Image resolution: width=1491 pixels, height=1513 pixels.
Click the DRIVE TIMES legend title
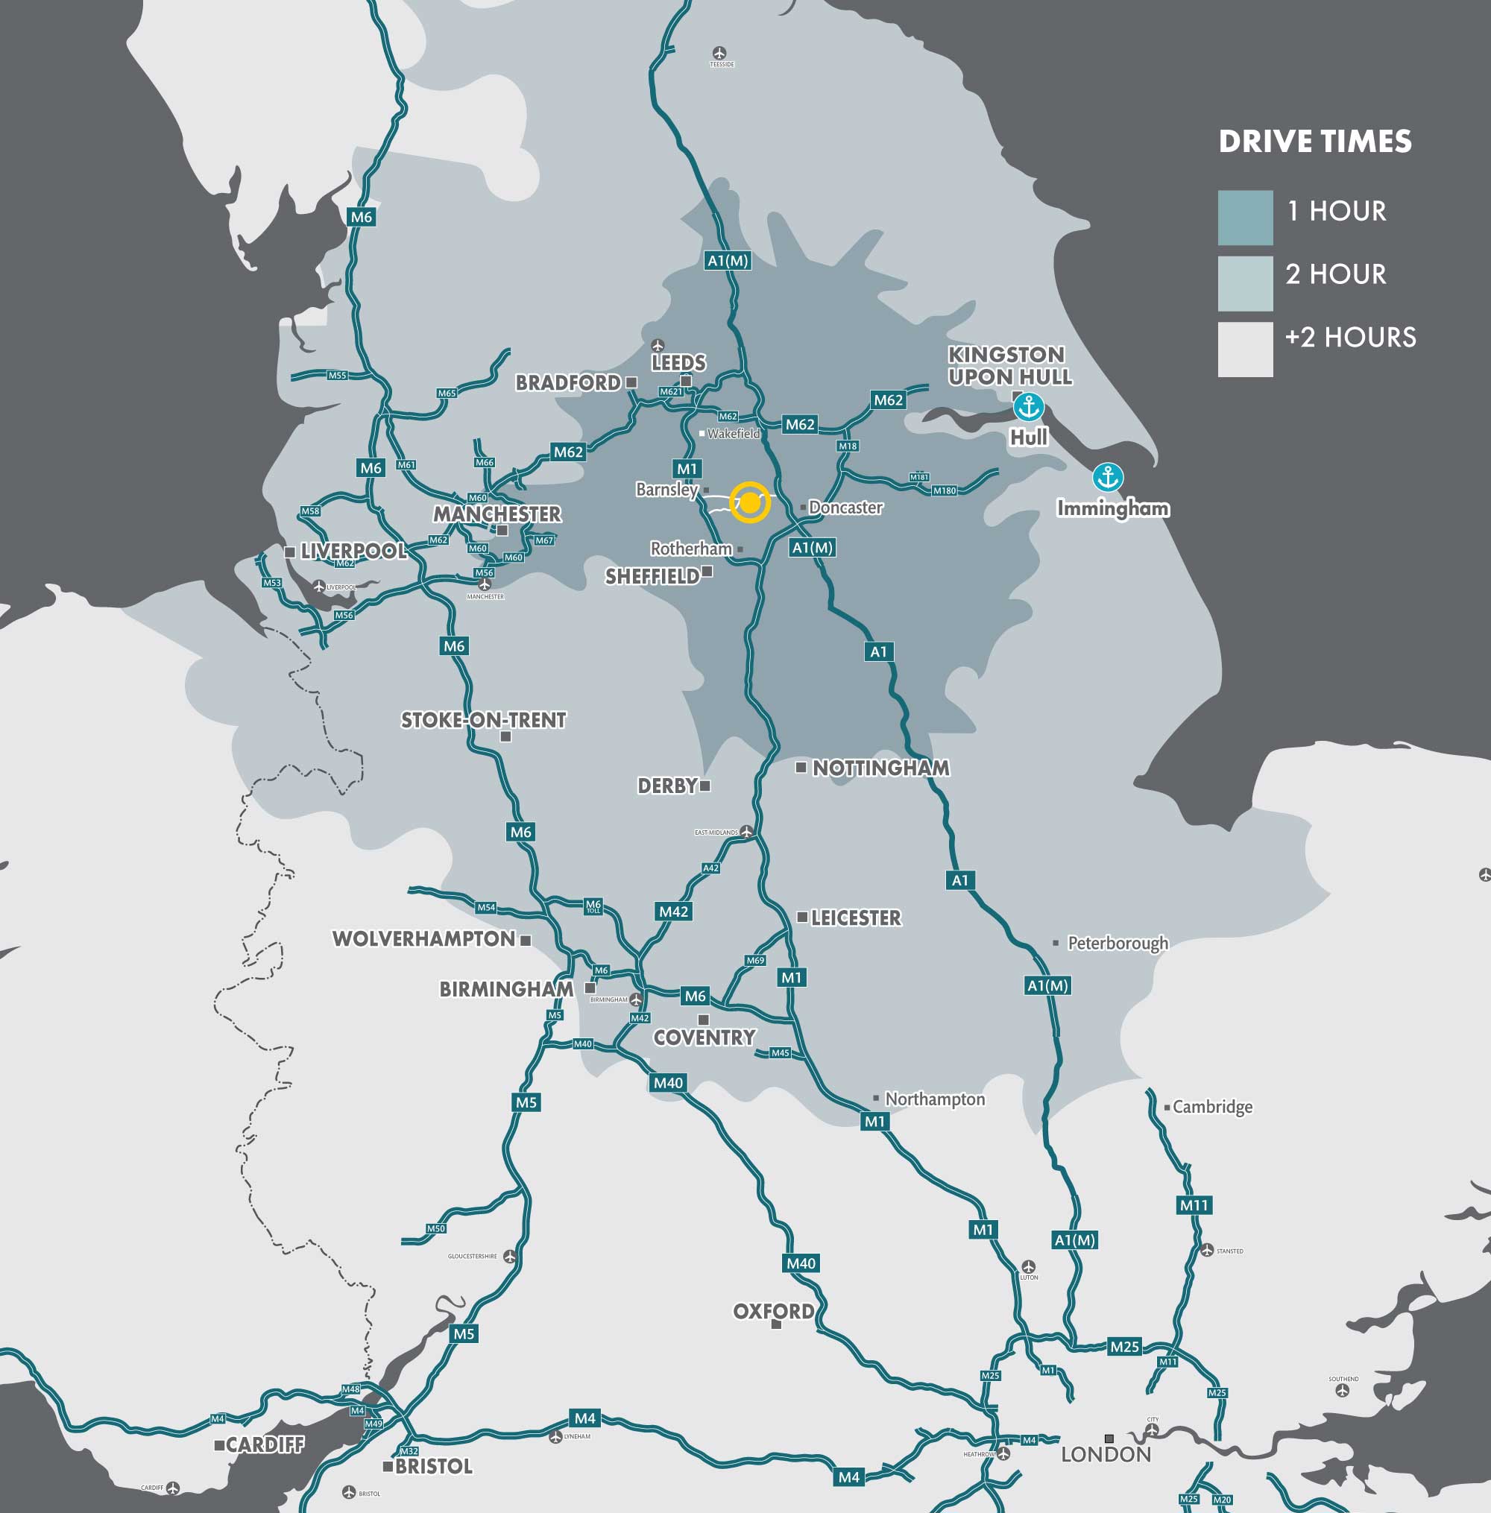(1315, 142)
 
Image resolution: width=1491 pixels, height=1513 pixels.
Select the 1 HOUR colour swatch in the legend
(1245, 218)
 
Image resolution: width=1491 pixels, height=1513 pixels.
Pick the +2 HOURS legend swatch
(1245, 349)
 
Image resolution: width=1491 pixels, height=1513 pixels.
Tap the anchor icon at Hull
(1027, 406)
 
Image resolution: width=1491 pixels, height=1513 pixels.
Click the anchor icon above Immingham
(1107, 476)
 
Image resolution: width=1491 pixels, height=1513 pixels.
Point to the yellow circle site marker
(749, 502)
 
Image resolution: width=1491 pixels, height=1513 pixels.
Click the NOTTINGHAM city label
(880, 768)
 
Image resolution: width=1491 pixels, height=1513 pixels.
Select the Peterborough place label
(1118, 943)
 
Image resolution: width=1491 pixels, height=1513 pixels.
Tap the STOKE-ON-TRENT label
(483, 720)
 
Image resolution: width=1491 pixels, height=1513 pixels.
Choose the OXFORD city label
(773, 1311)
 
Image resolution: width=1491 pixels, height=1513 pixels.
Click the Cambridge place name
(1212, 1107)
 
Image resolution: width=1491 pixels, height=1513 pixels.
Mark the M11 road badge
(1194, 1205)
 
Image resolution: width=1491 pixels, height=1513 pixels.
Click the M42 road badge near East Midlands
(673, 912)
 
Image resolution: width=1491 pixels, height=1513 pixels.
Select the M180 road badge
(945, 490)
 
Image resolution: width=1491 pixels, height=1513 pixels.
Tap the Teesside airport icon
(719, 53)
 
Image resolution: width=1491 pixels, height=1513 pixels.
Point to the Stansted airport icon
(1207, 1251)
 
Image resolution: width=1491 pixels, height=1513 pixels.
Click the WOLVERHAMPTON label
(423, 938)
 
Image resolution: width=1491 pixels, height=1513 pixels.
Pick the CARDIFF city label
(265, 1445)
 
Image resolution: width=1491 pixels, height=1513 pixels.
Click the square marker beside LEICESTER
(802, 917)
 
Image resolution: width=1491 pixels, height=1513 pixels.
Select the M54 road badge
(486, 907)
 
